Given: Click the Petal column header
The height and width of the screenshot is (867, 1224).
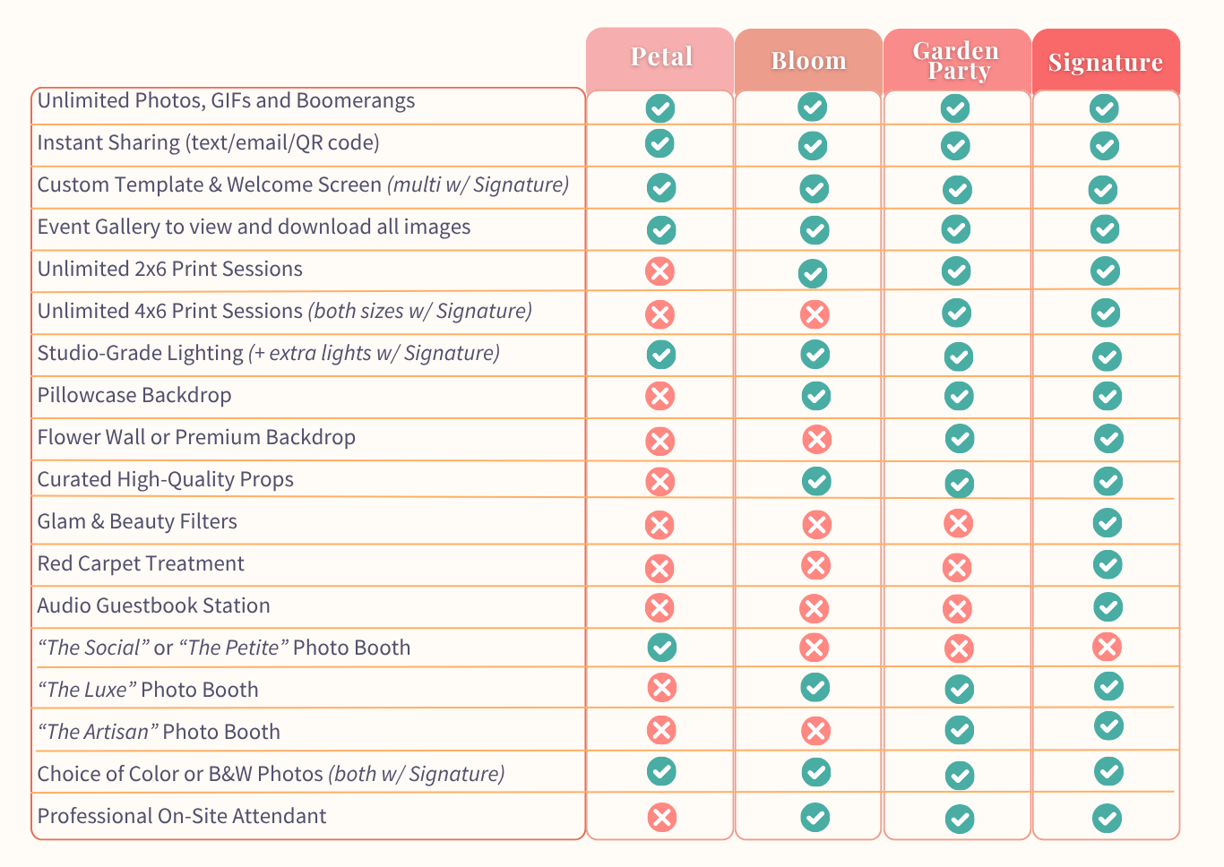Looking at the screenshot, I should coord(661,57).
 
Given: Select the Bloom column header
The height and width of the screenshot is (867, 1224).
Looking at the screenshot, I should coord(808,61).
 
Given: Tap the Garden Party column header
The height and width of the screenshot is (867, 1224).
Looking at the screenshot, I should coord(956,61).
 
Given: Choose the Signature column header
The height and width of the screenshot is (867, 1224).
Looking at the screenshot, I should coord(1106,63).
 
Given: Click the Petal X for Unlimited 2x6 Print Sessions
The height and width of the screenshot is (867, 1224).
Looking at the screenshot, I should coord(660,271).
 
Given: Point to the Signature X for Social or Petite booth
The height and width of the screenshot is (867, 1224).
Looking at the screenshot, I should coord(1107,647).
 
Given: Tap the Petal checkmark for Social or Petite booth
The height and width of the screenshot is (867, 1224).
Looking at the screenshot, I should coord(661,647).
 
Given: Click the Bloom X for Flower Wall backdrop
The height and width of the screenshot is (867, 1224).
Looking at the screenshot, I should coord(816,439).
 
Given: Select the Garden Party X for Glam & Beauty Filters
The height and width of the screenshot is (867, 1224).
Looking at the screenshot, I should coord(958,523).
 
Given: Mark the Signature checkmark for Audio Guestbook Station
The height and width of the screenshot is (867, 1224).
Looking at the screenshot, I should coord(1108,607).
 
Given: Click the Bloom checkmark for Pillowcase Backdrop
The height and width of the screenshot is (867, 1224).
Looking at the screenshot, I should coord(815,395).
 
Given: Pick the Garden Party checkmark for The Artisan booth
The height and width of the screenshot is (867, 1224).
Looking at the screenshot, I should coord(960,730).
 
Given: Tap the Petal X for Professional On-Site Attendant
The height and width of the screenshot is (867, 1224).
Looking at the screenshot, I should coord(661,817).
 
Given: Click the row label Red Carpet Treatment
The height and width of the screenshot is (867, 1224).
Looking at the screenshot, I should coord(141,564).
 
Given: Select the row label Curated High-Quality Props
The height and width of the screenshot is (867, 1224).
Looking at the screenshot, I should coord(166,480).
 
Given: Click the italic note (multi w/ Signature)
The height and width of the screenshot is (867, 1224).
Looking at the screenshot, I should coord(478,185).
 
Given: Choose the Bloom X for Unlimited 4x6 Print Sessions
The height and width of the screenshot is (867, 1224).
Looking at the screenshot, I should coord(815,314).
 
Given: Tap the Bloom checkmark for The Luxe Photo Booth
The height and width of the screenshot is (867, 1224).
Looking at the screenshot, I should coord(815,688).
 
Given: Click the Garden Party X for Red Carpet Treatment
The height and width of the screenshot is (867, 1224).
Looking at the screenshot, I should coord(957,567).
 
